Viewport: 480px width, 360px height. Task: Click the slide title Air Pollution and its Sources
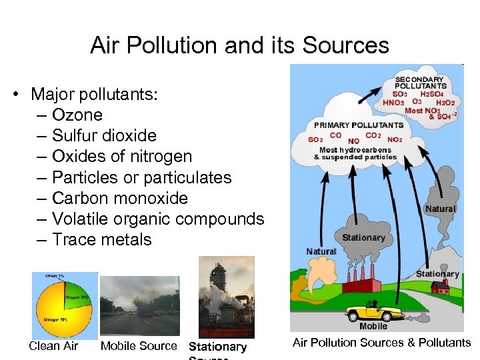[239, 45]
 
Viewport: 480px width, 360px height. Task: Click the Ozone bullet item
[77, 115]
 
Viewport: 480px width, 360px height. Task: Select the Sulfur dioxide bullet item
[104, 135]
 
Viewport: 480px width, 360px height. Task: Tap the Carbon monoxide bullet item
[120, 198]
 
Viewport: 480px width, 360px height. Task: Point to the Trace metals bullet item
[102, 239]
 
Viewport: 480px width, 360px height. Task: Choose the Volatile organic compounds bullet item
[158, 219]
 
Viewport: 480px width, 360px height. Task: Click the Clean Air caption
[53, 345]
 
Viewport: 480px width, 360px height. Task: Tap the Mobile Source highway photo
[139, 305]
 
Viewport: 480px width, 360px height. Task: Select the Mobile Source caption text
[139, 345]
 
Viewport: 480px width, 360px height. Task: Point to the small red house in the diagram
[439, 287]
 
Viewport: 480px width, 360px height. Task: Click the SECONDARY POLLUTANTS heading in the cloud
[420, 82]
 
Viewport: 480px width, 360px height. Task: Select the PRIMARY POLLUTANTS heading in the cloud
[359, 125]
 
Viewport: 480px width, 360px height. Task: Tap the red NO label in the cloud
[353, 141]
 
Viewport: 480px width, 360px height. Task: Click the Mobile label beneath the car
[373, 326]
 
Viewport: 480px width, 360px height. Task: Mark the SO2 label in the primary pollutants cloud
[315, 139]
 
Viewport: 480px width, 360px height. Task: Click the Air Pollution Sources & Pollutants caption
[381, 342]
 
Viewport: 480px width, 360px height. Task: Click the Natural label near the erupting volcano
[321, 251]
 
